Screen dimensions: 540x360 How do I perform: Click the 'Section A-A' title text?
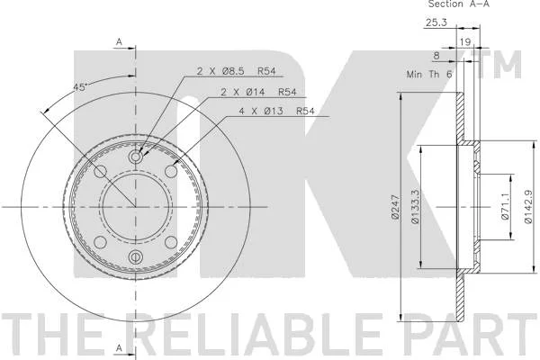click(458, 4)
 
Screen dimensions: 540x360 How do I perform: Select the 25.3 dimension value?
click(436, 22)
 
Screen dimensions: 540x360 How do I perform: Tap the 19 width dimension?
click(465, 42)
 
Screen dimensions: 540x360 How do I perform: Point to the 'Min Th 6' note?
click(429, 74)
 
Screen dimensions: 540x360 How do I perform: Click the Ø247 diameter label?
click(395, 207)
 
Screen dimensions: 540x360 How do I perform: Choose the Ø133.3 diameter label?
click(415, 207)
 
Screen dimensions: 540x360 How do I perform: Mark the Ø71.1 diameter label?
click(505, 207)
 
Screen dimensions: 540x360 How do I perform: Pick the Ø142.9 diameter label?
click(528, 207)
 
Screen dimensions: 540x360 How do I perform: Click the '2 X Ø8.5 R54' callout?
click(236, 71)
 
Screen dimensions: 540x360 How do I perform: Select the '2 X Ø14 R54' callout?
click(258, 92)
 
